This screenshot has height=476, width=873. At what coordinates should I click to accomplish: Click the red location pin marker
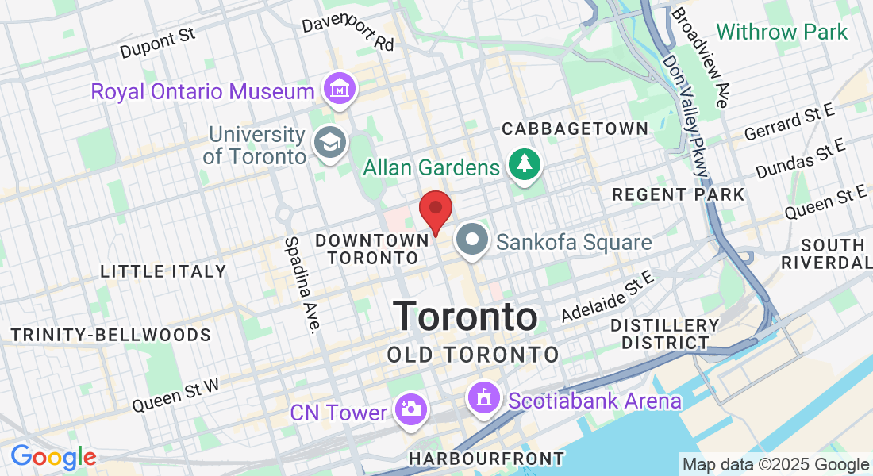point(435,211)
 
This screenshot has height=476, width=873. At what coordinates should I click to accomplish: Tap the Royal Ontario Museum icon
point(340,89)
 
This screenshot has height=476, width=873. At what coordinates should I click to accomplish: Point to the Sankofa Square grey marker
point(474,240)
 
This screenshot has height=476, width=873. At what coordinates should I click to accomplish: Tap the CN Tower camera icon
point(412,410)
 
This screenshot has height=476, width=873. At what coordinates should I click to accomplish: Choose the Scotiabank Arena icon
point(485,397)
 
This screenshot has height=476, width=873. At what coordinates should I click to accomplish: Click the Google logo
point(53,457)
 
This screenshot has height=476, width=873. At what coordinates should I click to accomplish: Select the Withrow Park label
point(782,32)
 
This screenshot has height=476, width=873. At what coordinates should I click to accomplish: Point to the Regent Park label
point(679,194)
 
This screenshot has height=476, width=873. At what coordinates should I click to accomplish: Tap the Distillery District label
point(665,334)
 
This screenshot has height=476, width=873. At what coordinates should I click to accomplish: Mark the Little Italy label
point(163,271)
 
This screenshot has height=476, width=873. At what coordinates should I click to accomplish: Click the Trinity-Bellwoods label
point(110,335)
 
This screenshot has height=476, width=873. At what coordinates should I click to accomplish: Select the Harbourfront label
point(486,459)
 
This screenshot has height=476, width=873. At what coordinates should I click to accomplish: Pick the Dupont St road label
point(157,44)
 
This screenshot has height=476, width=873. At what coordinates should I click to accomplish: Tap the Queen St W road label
point(175,394)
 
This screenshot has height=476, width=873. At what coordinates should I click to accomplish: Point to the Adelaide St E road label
point(606,296)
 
